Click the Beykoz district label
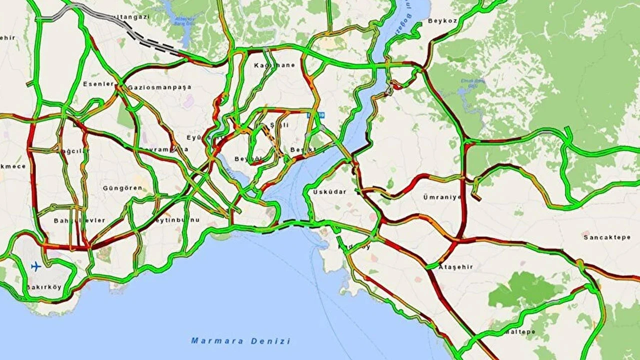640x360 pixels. tap(442, 21)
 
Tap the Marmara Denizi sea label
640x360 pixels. tap(240, 341)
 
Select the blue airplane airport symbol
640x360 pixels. tap(35, 266)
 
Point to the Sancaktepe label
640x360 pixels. tap(606, 237)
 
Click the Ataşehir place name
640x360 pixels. tap(455, 267)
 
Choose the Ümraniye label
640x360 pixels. tap(442, 197)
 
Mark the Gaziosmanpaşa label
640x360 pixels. tap(159, 87)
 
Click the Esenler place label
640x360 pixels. tap(99, 83)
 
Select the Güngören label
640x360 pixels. tap(122, 188)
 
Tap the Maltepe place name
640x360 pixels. tap(520, 332)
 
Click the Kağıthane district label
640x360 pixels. tap(274, 65)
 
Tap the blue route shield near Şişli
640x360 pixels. tap(315, 115)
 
